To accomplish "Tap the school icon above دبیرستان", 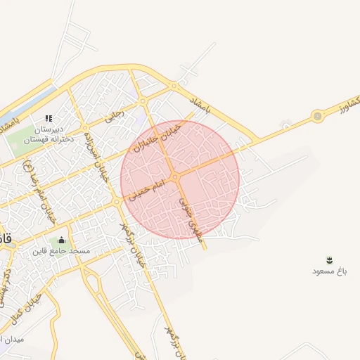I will pyautogui.click(x=49, y=118).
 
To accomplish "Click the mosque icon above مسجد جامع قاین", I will pyautogui.click(x=61, y=240).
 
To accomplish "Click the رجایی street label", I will pyautogui.click(x=113, y=115).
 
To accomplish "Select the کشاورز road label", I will pyautogui.click(x=345, y=105).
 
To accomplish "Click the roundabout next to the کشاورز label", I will pyautogui.click(x=318, y=115).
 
